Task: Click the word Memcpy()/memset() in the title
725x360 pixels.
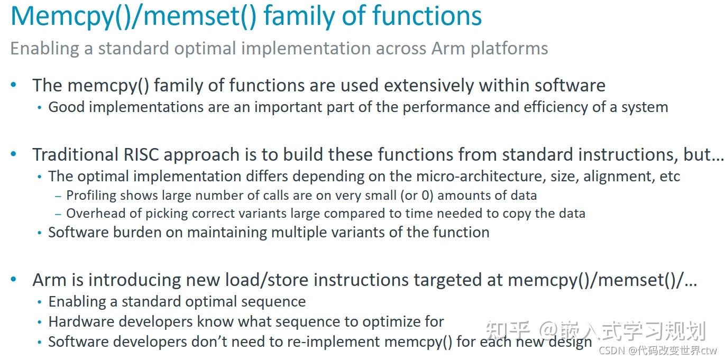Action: pos(133,16)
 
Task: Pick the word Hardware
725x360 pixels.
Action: pos(81,322)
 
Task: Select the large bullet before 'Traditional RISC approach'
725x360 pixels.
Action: pos(14,155)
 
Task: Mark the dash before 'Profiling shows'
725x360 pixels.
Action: pos(58,196)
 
